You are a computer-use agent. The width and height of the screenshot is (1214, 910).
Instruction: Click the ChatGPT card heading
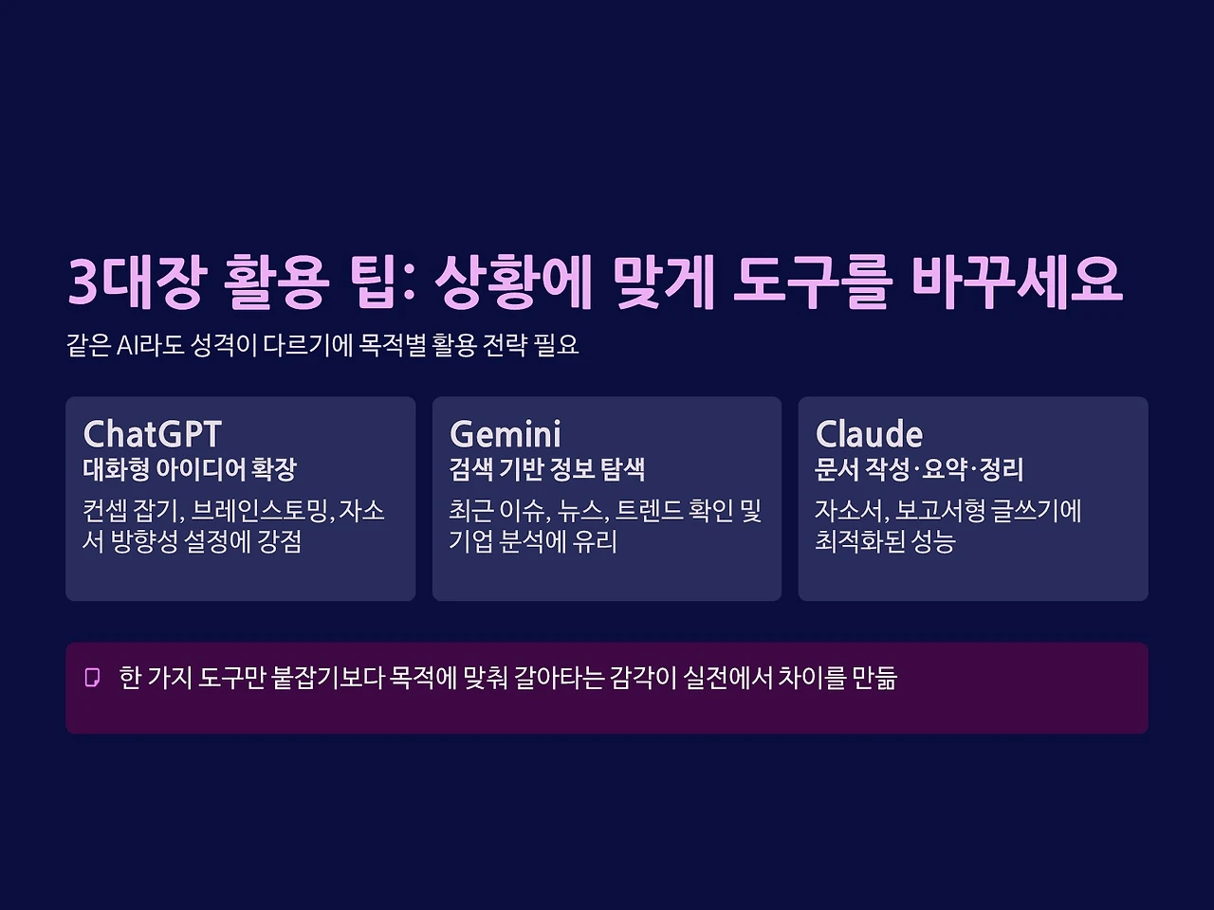pos(152,434)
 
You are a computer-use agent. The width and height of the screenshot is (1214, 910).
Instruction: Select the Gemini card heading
pos(506,434)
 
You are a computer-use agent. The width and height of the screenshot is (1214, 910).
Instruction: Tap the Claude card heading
pos(869,434)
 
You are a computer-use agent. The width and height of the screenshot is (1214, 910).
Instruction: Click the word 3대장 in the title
pos(136,282)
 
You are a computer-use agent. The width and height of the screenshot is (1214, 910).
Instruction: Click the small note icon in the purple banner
pos(92,678)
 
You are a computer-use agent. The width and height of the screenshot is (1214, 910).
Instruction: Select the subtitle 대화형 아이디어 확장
pos(190,469)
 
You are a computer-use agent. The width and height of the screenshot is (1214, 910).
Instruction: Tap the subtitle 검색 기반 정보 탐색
pos(547,469)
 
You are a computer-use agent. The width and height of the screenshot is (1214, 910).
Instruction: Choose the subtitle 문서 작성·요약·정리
pos(919,469)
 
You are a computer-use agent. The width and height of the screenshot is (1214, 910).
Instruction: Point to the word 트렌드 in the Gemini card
pos(649,511)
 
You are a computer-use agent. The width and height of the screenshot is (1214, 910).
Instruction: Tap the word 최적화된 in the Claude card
pos(859,541)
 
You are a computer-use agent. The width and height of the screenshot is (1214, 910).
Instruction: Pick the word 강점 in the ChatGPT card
pos(279,541)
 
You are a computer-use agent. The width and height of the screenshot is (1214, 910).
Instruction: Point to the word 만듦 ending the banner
pos(874,678)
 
